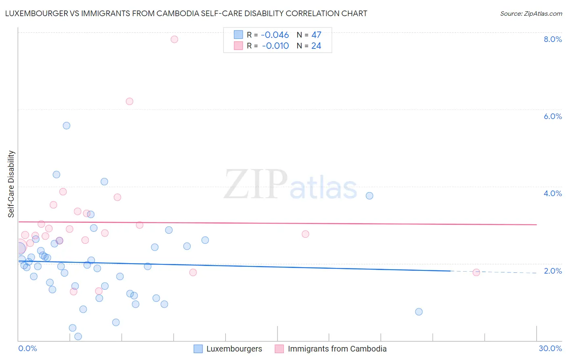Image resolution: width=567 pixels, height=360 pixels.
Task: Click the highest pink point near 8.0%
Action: [174, 39]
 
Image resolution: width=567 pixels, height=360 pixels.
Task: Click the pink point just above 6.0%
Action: [129, 101]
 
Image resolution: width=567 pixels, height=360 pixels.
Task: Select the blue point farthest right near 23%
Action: [419, 312]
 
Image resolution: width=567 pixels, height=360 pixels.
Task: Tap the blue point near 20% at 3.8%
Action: [369, 196]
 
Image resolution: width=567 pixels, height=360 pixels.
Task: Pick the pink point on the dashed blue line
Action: [476, 272]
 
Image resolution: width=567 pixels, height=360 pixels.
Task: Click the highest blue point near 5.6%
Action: [67, 126]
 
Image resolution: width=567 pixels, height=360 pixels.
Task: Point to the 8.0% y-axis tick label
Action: [552, 39]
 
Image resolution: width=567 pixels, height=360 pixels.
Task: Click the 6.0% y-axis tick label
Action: [552, 116]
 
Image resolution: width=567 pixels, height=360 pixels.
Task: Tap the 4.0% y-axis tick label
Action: [552, 193]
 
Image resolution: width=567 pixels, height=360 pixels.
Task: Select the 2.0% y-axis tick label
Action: [552, 271]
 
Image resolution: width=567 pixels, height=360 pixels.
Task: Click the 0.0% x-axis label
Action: [27, 349]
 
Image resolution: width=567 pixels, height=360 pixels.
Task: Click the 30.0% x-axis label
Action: [550, 349]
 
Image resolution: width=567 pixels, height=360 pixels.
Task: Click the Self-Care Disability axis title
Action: [11, 184]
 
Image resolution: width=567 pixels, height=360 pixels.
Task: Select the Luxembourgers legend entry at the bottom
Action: [234, 349]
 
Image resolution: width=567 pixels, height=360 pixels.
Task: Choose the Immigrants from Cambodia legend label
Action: [337, 349]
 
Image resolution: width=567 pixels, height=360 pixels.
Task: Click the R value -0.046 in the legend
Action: [275, 35]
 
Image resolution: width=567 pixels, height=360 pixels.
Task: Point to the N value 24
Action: [316, 46]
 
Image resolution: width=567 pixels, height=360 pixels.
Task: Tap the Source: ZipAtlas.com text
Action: [531, 14]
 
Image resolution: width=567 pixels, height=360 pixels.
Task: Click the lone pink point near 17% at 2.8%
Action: [305, 234]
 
